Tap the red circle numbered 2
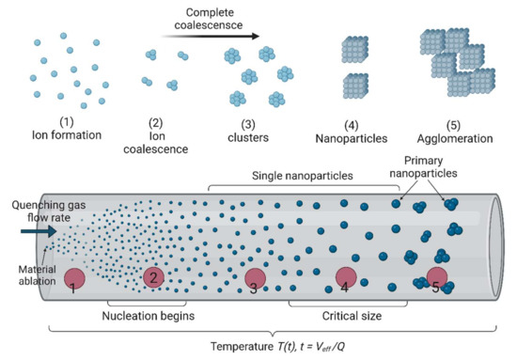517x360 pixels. click(x=156, y=278)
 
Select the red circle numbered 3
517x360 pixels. click(x=255, y=280)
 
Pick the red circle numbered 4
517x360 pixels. click(x=345, y=278)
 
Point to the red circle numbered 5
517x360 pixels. click(x=436, y=279)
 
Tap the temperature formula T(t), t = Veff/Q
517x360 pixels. click(x=259, y=347)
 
